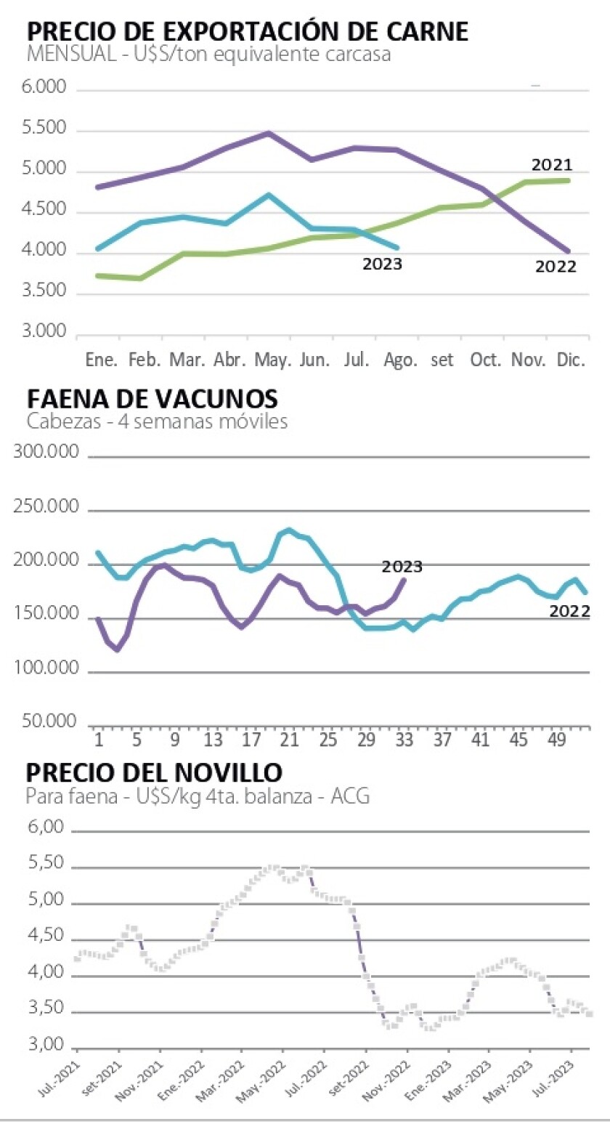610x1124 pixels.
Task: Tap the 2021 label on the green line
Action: click(x=552, y=164)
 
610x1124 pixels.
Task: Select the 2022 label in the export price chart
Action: click(x=556, y=266)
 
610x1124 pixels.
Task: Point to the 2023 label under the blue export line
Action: click(x=382, y=264)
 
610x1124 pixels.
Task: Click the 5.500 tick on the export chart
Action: click(x=46, y=129)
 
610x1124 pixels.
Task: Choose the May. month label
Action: click(x=272, y=360)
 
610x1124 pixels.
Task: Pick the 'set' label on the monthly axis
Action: click(x=442, y=361)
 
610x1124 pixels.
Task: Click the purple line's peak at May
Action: click(x=269, y=133)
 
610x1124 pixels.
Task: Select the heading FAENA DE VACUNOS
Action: click(x=152, y=399)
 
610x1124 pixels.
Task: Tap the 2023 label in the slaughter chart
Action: click(x=402, y=567)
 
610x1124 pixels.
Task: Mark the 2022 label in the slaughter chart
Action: click(x=569, y=612)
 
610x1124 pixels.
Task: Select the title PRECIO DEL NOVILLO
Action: click(x=154, y=772)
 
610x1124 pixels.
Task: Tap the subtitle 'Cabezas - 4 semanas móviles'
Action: click(x=156, y=421)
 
